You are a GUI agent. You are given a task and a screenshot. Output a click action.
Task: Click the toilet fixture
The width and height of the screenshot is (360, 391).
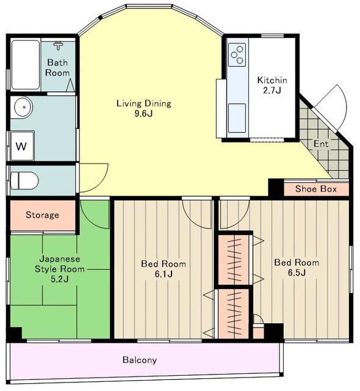point(24,180)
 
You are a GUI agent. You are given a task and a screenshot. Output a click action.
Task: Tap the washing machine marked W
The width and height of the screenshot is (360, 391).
point(22,146)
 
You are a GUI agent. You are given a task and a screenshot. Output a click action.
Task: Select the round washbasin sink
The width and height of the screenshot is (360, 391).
point(23,108)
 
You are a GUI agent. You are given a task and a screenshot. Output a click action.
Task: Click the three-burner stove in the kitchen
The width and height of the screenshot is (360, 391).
point(237,55)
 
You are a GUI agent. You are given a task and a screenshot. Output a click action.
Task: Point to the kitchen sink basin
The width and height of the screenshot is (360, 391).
point(237,119)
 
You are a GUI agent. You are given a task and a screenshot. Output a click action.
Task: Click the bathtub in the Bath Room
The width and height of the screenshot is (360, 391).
point(26,65)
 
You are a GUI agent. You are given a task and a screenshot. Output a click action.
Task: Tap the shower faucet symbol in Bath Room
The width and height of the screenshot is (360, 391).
point(58,45)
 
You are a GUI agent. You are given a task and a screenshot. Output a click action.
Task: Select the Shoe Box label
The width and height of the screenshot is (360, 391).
point(316,189)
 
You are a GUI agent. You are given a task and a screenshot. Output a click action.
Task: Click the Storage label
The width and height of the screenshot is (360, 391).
point(42,215)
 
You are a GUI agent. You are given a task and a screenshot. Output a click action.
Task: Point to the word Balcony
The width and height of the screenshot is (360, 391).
point(140,360)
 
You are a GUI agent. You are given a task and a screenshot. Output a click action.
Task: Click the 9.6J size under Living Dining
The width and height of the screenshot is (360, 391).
point(143,114)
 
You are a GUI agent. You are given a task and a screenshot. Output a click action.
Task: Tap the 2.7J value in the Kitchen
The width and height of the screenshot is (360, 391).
point(272,90)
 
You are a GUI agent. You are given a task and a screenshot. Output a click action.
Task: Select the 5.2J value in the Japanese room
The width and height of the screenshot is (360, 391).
point(60,279)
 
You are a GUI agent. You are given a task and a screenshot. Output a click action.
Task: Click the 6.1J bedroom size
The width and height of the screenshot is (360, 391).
point(164,274)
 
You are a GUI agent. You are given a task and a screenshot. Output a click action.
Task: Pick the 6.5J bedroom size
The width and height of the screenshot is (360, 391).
point(297,273)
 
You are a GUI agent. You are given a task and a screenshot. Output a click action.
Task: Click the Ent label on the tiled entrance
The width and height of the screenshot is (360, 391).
point(321,144)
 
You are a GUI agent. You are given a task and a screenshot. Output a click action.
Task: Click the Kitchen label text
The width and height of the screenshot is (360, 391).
point(272,80)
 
